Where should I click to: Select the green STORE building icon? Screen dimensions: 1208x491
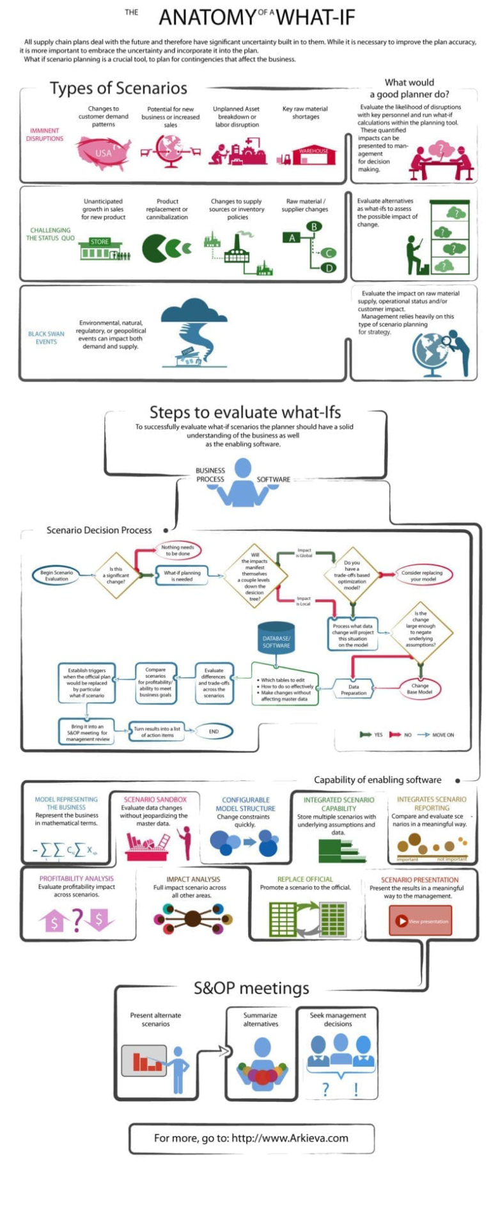[x=100, y=249]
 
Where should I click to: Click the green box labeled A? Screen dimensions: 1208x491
[x=292, y=238]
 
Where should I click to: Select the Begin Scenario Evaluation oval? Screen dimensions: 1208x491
[x=56, y=576]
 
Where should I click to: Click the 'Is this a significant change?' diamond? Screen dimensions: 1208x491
[x=116, y=576]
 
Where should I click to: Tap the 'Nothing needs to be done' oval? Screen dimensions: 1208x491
[x=178, y=550]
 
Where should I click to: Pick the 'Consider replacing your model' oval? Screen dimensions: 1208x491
[x=422, y=576]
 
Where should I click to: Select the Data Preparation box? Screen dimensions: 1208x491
[x=354, y=689]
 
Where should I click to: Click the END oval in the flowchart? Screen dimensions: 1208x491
[x=214, y=731]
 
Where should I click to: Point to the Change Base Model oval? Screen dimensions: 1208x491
[x=420, y=689]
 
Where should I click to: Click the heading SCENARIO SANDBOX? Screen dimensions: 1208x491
[x=155, y=799]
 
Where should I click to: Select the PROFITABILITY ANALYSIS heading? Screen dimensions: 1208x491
[x=77, y=879]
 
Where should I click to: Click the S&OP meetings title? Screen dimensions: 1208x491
[x=251, y=989]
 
